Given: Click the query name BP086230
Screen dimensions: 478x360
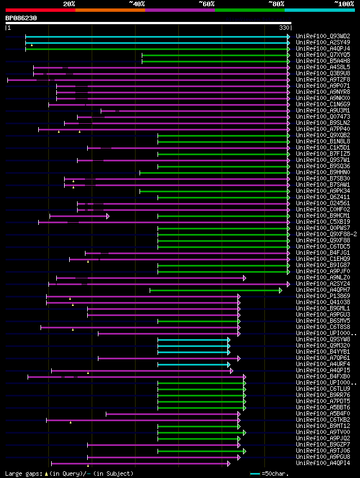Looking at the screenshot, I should point(21,18).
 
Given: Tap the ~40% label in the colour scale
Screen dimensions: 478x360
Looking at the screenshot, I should point(137,4).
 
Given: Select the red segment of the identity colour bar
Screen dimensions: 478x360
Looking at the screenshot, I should point(40,10).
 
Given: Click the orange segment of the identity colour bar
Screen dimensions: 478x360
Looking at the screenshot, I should point(110,10).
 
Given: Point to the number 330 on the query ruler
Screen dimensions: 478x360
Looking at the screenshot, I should point(284,28).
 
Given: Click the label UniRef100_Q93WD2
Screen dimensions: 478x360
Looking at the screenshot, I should point(323,36).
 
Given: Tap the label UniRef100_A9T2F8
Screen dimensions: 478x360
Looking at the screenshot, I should point(323,79).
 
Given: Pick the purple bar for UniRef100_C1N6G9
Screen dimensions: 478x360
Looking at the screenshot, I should point(168,104).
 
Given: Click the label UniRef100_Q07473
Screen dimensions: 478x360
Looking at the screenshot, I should point(323,116).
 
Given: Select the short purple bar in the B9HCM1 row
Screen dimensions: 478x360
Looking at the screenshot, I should point(79,216).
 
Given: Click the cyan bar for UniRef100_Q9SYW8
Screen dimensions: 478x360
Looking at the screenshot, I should point(193,340).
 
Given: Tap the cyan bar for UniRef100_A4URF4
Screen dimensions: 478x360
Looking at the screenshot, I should point(193,364).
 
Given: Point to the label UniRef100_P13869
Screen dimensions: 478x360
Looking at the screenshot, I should point(323,296).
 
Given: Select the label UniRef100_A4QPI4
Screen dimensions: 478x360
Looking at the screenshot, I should point(323,463).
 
